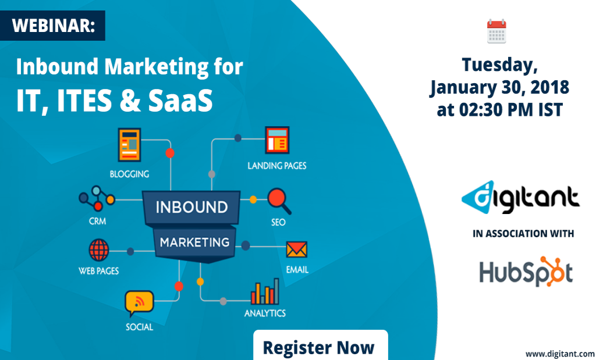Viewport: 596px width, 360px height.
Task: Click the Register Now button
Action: pos(320,347)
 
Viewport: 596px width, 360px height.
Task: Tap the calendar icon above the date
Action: pos(496,31)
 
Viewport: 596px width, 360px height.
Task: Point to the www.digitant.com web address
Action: pos(560,353)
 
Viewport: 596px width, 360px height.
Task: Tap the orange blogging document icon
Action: pos(130,145)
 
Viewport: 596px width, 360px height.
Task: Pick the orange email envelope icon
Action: pos(297,250)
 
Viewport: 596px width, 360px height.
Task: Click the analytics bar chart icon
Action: pos(265,291)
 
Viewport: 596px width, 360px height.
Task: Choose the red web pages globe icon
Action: pos(99,251)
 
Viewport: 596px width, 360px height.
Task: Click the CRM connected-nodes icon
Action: pos(97,198)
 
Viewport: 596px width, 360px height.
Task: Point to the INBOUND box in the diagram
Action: pos(191,207)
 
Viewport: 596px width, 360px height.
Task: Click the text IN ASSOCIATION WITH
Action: pos(523,234)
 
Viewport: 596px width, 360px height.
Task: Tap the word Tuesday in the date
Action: pos(496,65)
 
